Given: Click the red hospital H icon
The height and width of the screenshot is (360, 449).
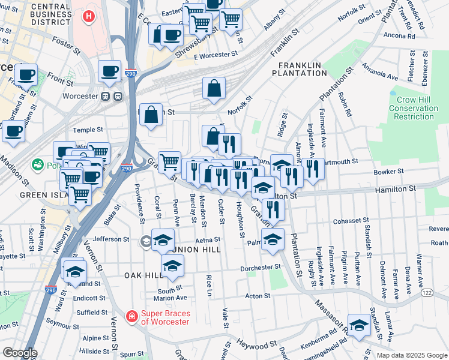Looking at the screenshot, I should click(x=89, y=16).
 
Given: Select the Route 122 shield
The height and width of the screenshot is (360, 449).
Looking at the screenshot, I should click(x=427, y=292).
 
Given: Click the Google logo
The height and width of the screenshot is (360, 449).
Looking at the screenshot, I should click(x=19, y=353).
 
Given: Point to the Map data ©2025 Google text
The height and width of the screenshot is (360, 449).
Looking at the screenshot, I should click(x=411, y=355).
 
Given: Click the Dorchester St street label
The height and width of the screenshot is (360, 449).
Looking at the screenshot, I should click(x=261, y=268).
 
